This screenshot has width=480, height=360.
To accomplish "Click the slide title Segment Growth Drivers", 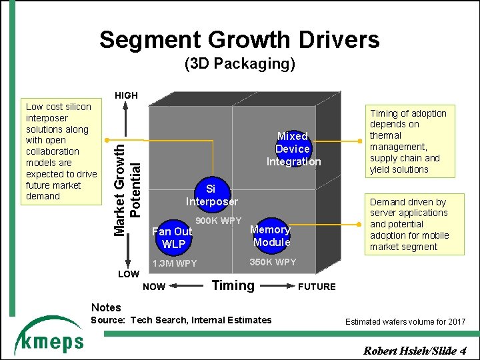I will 239,40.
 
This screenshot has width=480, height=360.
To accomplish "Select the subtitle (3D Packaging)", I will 239,65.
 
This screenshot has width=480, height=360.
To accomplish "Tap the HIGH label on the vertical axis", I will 126,95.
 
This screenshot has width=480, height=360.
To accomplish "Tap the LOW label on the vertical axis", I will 128,274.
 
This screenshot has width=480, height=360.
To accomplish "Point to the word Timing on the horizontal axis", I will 233,285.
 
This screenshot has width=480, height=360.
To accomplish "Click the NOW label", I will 155,287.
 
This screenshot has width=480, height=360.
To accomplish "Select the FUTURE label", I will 316,287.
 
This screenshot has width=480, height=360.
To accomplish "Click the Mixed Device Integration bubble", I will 293,149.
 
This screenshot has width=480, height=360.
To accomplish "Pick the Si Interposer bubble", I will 211,195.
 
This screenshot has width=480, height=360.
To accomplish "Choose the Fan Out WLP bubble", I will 173,237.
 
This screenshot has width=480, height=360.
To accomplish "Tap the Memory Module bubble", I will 271,235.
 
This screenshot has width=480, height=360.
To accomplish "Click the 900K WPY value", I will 218,221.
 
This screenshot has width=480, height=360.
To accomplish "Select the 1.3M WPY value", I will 175,263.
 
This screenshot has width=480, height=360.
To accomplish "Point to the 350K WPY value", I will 272,262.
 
